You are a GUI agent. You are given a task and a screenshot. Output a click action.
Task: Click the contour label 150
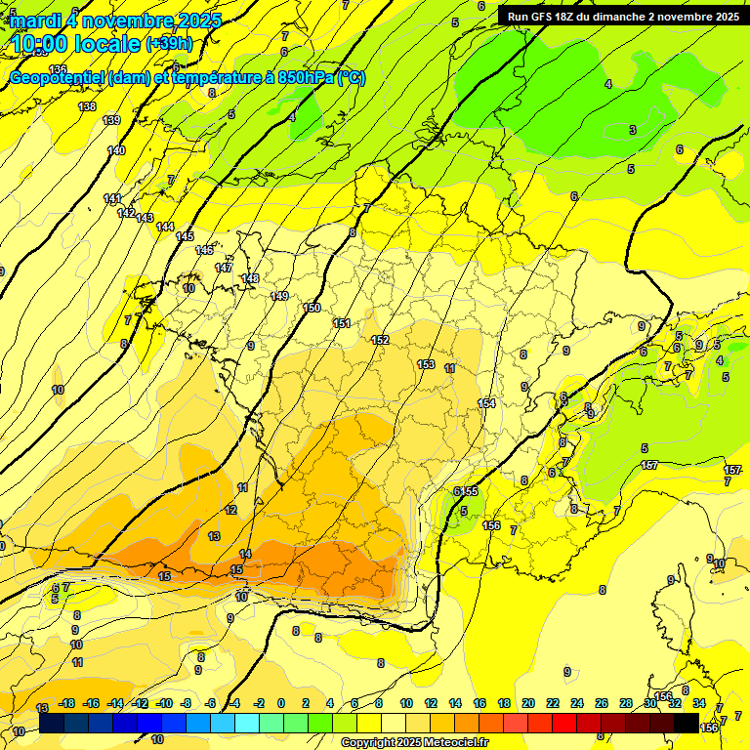(312, 308)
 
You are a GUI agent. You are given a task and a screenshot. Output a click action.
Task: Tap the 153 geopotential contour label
(426, 364)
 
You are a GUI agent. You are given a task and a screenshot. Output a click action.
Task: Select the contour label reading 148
(250, 278)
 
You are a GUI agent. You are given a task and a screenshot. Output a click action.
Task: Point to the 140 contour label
(116, 150)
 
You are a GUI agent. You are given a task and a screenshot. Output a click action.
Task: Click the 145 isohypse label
(185, 236)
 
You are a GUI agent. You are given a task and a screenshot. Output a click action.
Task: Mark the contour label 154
(486, 403)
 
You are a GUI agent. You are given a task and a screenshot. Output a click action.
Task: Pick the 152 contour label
(380, 340)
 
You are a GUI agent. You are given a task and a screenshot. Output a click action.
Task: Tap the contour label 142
(126, 213)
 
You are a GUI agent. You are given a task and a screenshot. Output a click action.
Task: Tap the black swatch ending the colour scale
(687, 722)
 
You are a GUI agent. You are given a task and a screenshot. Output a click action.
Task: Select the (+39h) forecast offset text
(170, 43)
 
